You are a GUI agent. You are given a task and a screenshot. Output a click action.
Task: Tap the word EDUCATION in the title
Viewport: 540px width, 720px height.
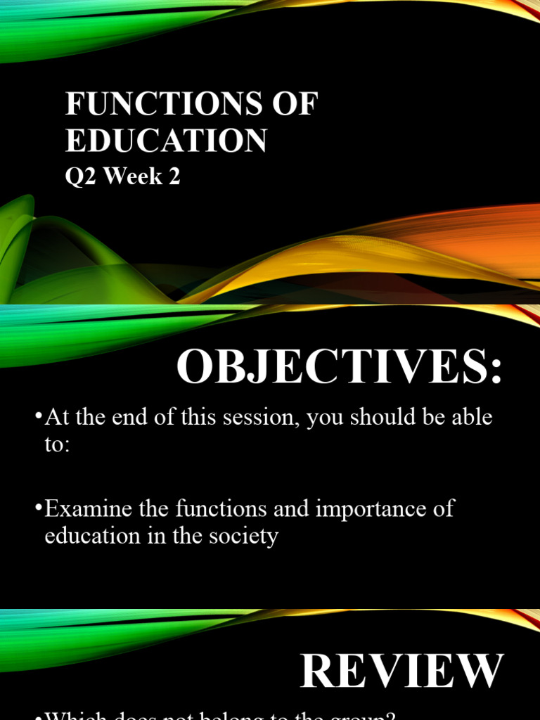pyautogui.click(x=167, y=140)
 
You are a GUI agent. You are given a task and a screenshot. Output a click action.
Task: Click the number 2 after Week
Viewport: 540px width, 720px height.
pyautogui.click(x=174, y=176)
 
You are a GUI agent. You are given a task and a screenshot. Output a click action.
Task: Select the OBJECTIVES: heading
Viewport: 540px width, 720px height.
pyautogui.click(x=340, y=367)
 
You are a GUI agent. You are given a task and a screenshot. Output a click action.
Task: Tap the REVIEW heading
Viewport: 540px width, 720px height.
pyautogui.click(x=402, y=671)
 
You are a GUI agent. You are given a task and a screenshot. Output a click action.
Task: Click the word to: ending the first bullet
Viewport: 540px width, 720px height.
pyautogui.click(x=58, y=445)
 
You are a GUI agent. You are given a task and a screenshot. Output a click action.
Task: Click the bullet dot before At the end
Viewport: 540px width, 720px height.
pyautogui.click(x=39, y=418)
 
